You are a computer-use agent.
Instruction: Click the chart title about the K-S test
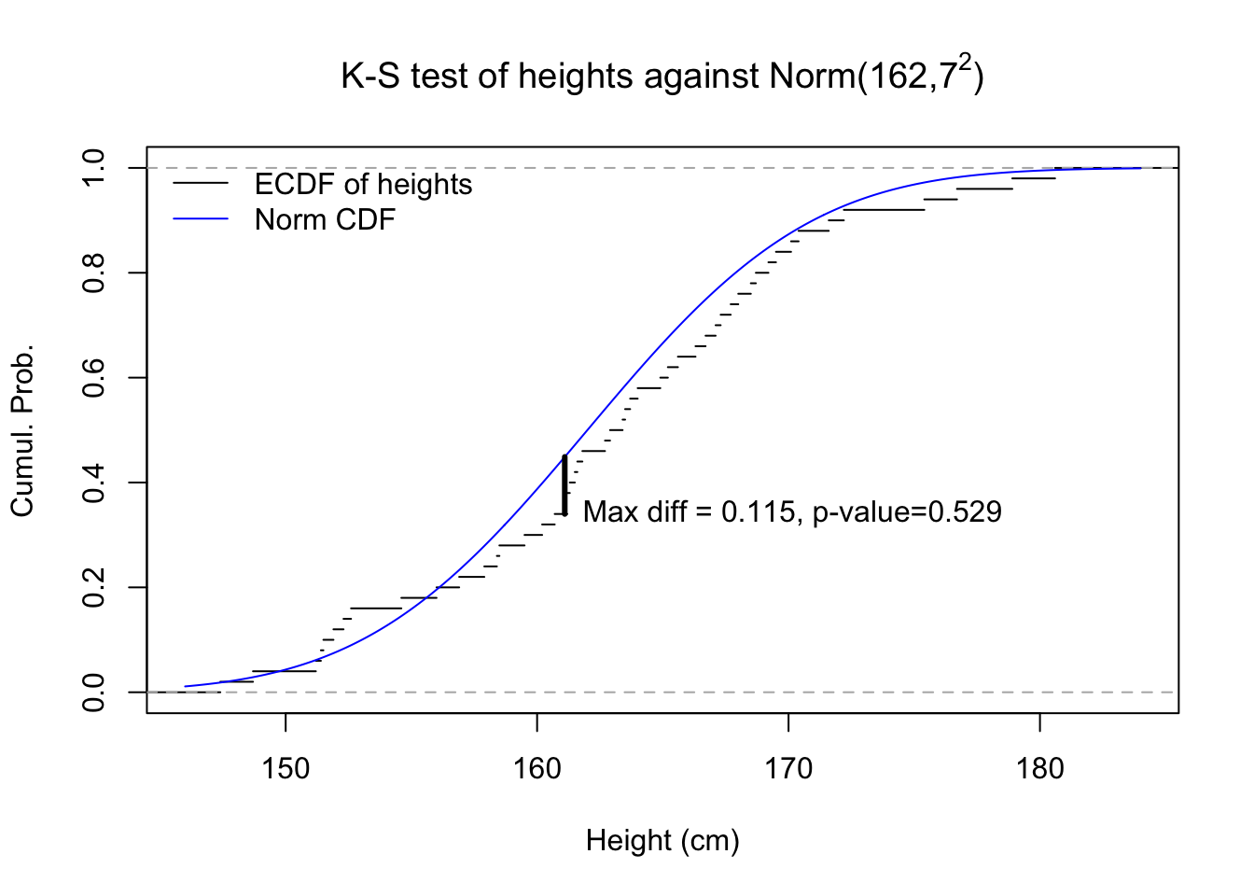pos(662,77)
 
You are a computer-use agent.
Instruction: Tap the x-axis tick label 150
pos(286,769)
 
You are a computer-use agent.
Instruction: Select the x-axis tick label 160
pos(537,769)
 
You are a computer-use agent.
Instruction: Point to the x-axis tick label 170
pos(788,769)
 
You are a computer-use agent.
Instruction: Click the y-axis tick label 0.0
pos(94,693)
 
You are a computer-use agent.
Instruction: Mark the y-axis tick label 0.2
pos(94,587)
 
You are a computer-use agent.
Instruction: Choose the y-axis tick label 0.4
pos(94,483)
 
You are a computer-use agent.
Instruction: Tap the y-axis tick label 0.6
pos(94,378)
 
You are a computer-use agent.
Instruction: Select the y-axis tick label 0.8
pos(94,273)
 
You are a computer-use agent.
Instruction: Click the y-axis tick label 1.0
pos(94,168)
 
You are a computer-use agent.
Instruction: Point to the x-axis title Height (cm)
pos(662,841)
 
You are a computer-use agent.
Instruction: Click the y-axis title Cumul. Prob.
pos(22,430)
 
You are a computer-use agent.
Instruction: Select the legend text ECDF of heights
pos(363,185)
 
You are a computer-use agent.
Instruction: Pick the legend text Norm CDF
pos(325,220)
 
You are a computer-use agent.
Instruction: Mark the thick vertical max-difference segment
pos(564,483)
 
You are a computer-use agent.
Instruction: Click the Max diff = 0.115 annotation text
pos(792,511)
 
